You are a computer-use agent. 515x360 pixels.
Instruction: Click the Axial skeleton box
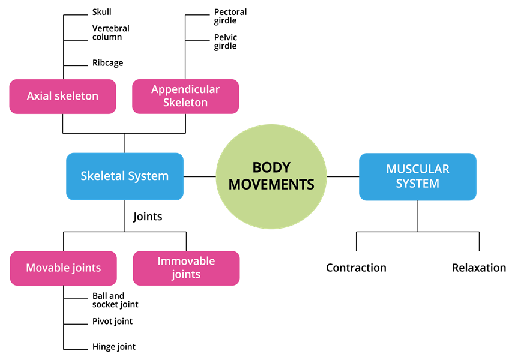(x=62, y=96)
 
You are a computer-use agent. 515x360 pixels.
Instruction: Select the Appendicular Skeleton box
(x=185, y=96)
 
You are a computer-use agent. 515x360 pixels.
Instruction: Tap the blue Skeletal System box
(x=125, y=176)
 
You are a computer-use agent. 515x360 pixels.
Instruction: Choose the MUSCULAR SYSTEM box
(x=417, y=176)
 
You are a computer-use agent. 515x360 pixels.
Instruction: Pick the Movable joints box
(x=63, y=268)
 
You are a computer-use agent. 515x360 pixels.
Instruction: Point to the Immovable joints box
(x=186, y=268)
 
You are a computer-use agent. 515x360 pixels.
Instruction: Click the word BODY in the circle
(x=271, y=168)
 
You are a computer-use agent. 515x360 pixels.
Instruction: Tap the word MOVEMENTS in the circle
(x=271, y=184)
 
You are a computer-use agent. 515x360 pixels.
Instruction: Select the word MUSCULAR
(x=418, y=169)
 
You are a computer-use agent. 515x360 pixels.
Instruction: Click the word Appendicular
(x=185, y=89)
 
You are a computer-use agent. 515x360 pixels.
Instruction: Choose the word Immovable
(x=186, y=262)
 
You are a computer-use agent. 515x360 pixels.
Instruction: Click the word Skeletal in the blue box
(x=102, y=176)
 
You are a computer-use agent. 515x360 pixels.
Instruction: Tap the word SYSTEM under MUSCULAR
(x=418, y=184)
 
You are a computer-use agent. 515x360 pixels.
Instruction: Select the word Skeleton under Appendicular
(x=185, y=103)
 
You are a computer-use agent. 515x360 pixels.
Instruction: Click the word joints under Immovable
(x=186, y=275)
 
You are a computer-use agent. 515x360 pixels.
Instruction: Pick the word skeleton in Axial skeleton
(x=76, y=96)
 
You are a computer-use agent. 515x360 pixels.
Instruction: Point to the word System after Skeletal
(x=148, y=176)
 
